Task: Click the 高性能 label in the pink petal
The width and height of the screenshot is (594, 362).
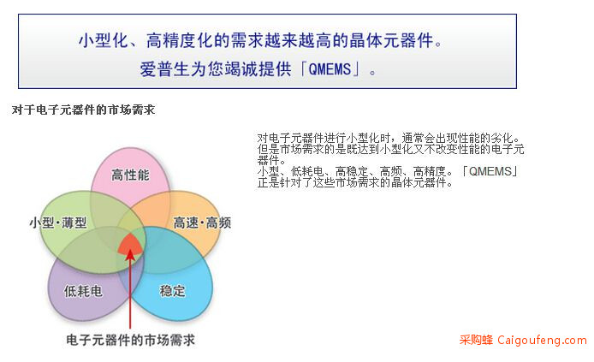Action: tap(130, 175)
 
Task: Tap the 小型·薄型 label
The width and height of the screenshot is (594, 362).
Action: tap(58, 223)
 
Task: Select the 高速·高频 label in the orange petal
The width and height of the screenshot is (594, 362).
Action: tap(202, 223)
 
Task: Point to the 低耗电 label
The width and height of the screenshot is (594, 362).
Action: tap(83, 291)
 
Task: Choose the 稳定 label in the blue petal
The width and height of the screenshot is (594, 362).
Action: tap(172, 291)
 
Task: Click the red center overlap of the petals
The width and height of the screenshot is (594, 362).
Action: tap(130, 243)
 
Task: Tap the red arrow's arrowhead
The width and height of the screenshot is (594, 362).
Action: tap(130, 254)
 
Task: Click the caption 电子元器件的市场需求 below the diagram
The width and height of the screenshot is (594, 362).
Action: tap(130, 340)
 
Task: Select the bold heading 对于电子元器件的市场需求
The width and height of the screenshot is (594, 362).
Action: tap(83, 110)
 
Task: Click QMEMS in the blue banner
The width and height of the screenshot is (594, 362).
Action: tap(330, 69)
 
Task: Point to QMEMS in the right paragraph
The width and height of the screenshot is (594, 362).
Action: tap(490, 171)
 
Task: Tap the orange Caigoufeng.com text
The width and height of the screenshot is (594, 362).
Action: tap(542, 340)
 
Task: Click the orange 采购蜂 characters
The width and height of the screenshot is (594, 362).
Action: tap(476, 340)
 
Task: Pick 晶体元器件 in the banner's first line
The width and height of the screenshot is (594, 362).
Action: tap(391, 40)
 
